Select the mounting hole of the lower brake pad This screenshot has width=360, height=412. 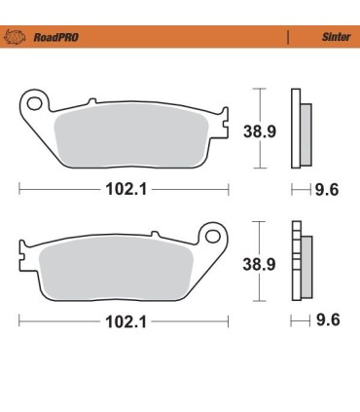tap(209, 236)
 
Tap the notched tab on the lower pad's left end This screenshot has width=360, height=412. tap(23, 261)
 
